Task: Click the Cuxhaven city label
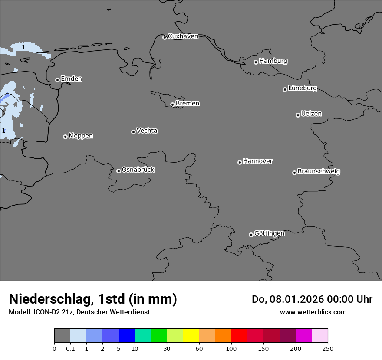point(183,36)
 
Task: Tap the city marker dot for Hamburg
point(256,62)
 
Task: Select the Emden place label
point(71,79)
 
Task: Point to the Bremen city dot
point(172,105)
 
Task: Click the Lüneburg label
point(302,88)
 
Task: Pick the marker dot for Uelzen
point(298,115)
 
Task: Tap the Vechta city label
point(147,131)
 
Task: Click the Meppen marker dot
point(65,137)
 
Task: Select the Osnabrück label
point(138,170)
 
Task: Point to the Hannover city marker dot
point(240,162)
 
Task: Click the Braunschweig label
point(319,172)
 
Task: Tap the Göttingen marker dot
point(251,235)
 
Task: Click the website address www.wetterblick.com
point(313,312)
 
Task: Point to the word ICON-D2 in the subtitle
point(46,312)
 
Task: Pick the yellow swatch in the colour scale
point(191,336)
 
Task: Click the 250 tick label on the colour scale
point(328,348)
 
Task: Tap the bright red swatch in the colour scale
point(239,336)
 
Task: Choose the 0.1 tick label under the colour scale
point(70,348)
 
